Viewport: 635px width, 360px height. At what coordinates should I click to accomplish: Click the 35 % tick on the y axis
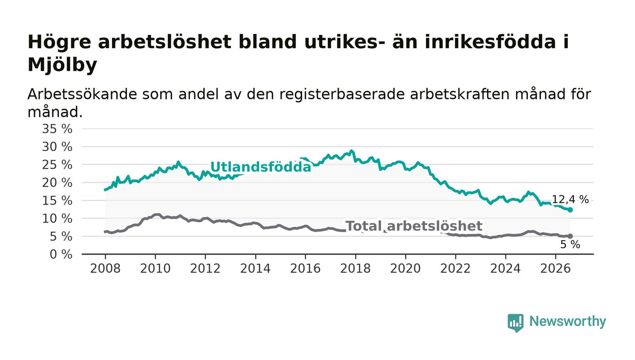pyautogui.click(x=57, y=129)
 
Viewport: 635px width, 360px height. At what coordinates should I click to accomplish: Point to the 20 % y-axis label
pyautogui.click(x=57, y=183)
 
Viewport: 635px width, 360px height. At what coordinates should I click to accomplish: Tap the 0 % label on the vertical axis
pyautogui.click(x=61, y=254)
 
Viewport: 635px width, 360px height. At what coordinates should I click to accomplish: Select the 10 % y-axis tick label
pyautogui.click(x=57, y=219)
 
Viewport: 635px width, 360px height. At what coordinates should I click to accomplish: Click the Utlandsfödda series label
pyautogui.click(x=260, y=167)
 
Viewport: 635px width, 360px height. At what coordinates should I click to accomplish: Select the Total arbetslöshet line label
pyautogui.click(x=414, y=226)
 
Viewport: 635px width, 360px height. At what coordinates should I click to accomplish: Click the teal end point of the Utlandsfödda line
pyautogui.click(x=570, y=210)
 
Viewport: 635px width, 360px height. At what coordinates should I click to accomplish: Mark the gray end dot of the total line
pyautogui.click(x=570, y=236)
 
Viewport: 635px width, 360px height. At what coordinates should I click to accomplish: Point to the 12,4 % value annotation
pyautogui.click(x=571, y=200)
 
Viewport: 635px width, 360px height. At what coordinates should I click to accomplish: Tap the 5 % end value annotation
pyautogui.click(x=570, y=245)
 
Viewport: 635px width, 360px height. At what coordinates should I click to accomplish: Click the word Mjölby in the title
pyautogui.click(x=63, y=65)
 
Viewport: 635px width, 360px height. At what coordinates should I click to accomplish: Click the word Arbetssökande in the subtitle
pyautogui.click(x=82, y=94)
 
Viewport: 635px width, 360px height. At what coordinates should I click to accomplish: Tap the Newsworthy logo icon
pyautogui.click(x=515, y=323)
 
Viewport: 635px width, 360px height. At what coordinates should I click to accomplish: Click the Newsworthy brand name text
pyautogui.click(x=567, y=321)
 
